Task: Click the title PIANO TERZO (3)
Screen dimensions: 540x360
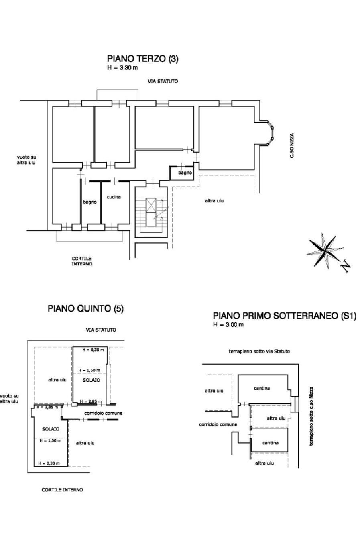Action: tap(142, 59)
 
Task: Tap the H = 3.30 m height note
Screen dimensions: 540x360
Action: tap(122, 68)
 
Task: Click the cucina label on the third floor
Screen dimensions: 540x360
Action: tap(114, 197)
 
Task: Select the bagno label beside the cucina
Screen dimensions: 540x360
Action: tap(90, 202)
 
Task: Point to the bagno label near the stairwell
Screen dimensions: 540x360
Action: tap(185, 173)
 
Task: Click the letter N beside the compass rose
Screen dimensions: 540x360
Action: tap(345, 266)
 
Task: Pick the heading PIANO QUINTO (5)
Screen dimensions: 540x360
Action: tap(85, 308)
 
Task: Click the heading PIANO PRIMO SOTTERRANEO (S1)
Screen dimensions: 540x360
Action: tap(284, 316)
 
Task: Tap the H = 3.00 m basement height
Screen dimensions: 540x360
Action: tap(228, 325)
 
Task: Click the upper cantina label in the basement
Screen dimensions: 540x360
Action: tap(262, 388)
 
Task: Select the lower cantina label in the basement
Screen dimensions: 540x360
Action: tap(270, 443)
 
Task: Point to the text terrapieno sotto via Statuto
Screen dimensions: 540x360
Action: tap(259, 351)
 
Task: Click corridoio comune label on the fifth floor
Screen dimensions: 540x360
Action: tap(103, 413)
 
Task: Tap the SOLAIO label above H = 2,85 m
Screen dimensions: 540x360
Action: tap(92, 380)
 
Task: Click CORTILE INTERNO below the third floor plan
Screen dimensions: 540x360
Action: tap(82, 261)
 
